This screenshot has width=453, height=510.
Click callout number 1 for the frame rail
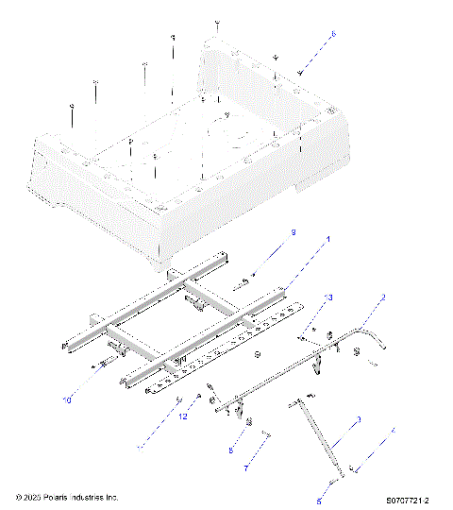(328, 241)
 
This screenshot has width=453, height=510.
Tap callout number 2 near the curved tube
(383, 297)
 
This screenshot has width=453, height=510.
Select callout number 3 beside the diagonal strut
(358, 419)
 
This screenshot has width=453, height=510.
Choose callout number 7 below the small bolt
(246, 467)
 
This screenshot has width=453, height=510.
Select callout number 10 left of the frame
(67, 399)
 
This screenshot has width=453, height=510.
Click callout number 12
(184, 416)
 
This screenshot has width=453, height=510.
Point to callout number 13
(329, 297)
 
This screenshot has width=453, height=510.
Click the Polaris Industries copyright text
(66, 496)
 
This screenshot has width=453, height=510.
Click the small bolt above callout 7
(267, 436)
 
